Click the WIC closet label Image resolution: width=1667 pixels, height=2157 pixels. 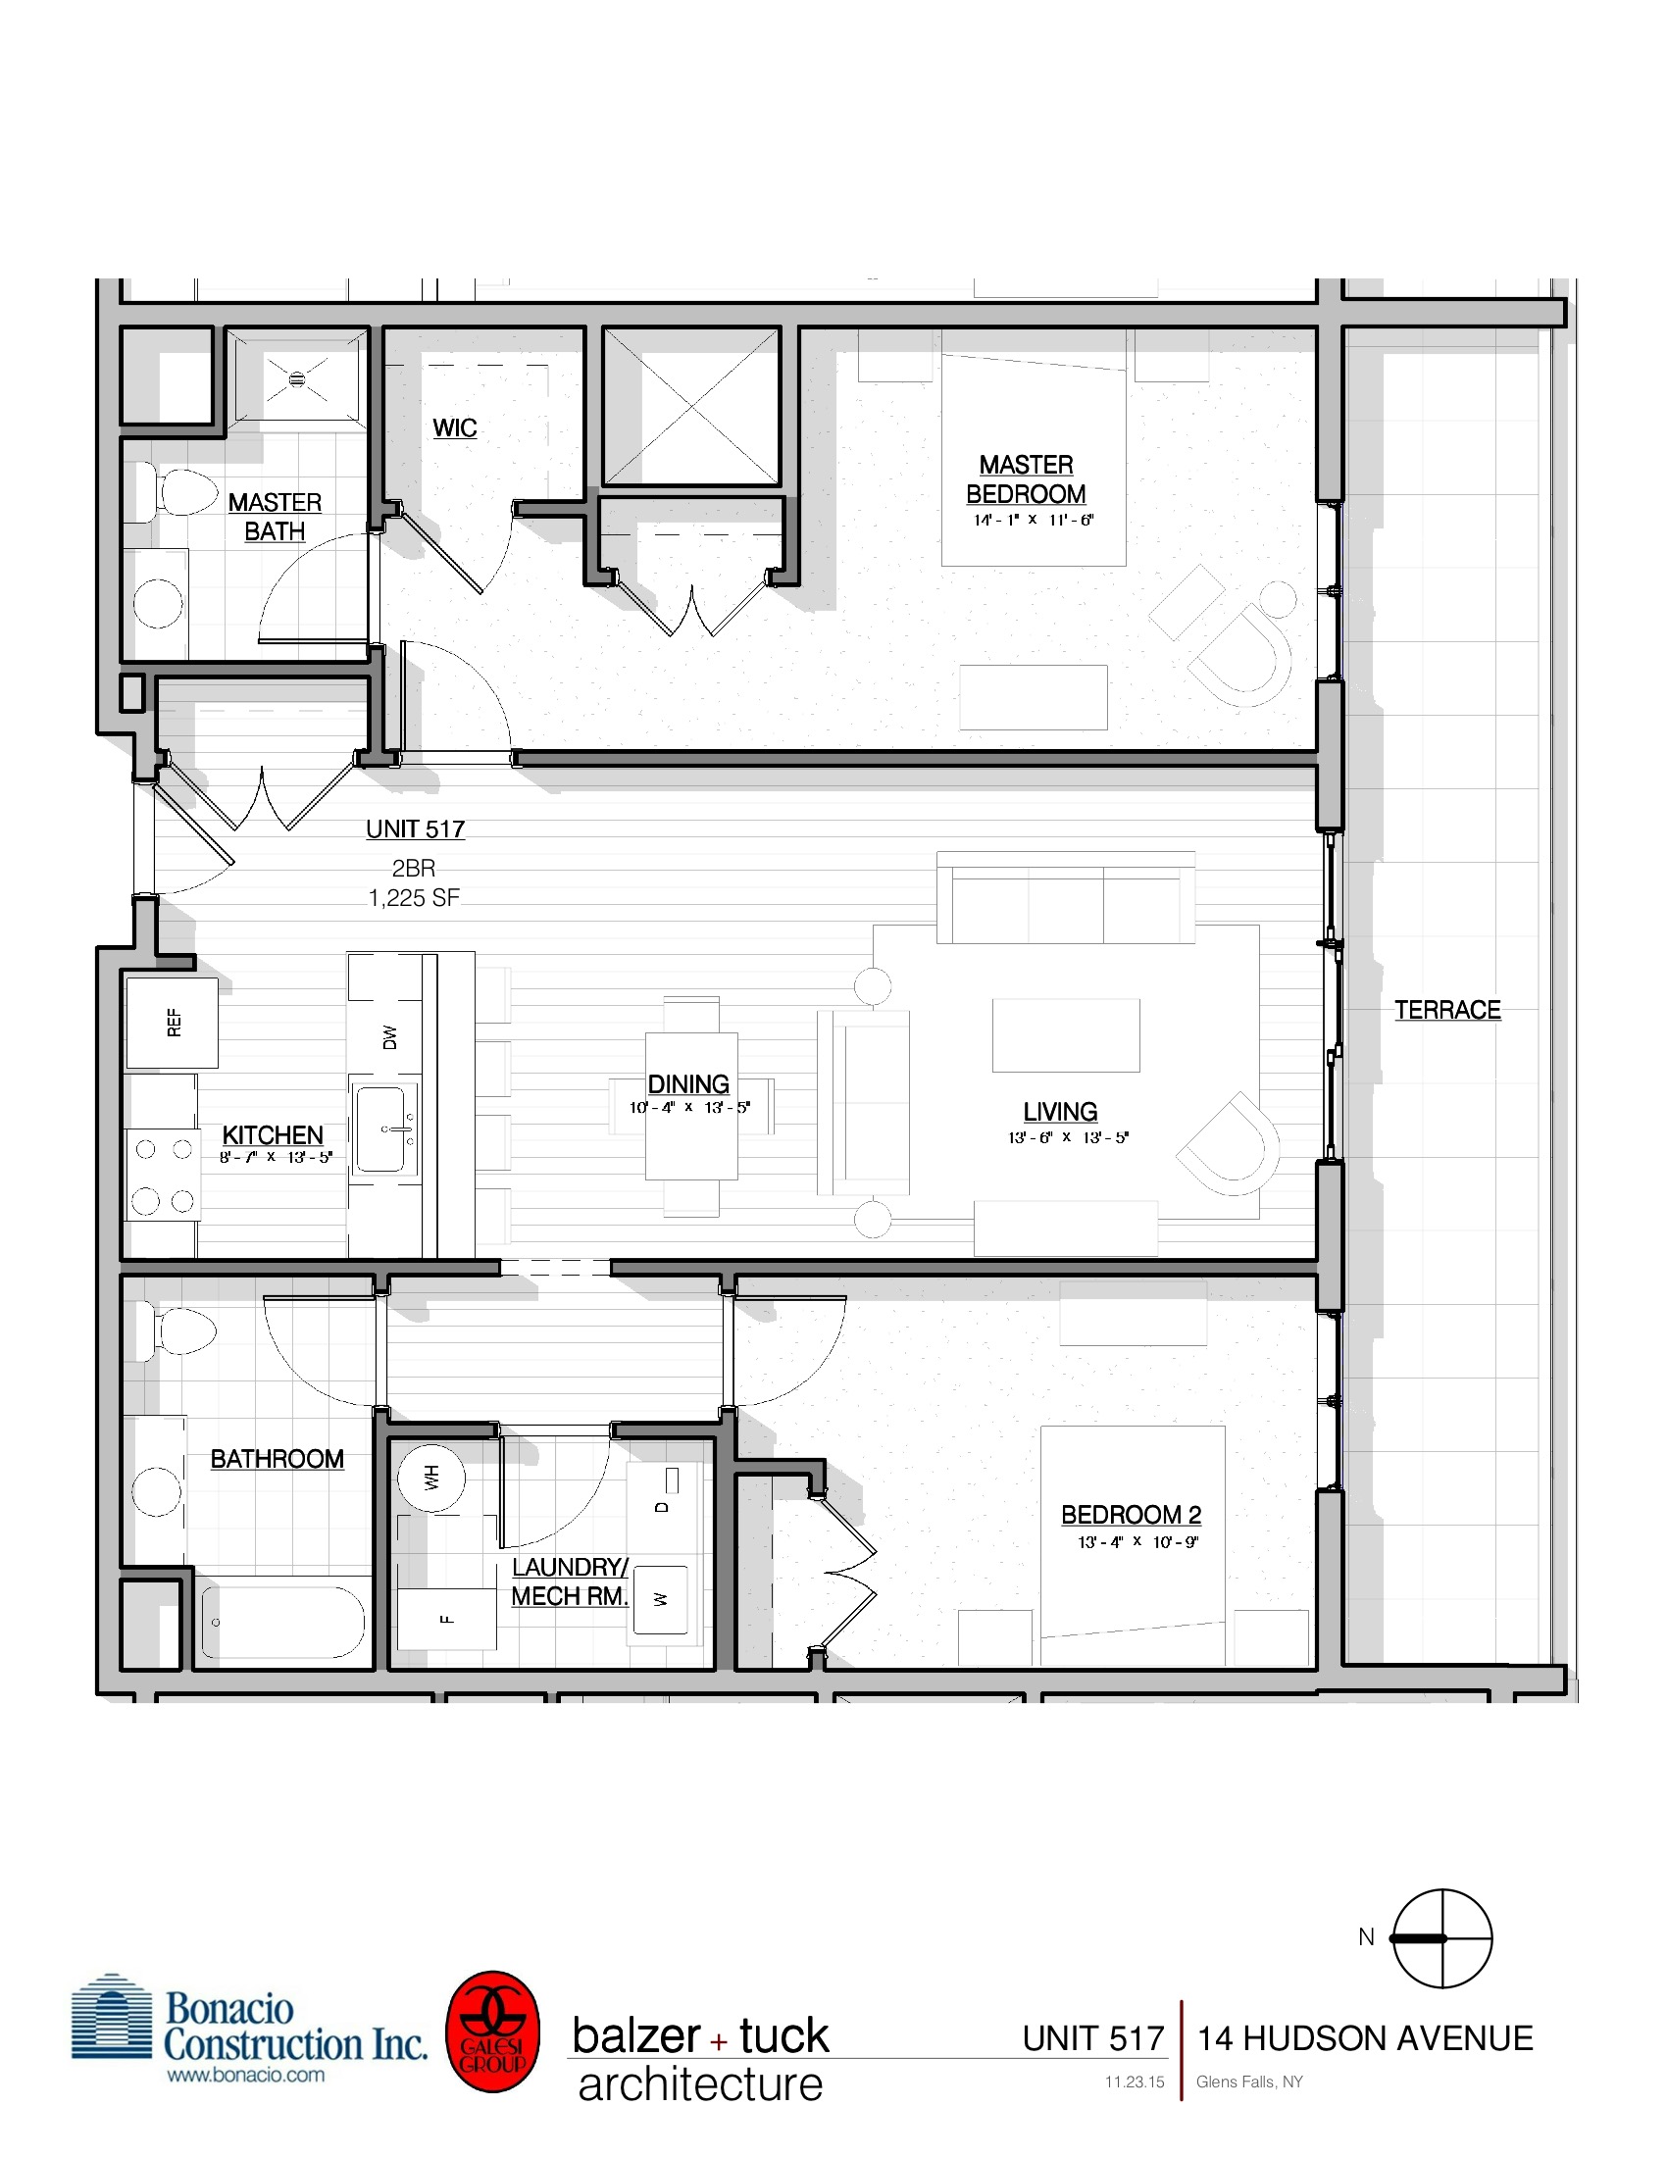pos(454,428)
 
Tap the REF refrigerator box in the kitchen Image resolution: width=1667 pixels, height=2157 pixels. pos(173,1023)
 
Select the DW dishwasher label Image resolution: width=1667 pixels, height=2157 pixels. pos(389,1037)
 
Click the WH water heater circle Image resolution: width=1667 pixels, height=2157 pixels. pos(431,1479)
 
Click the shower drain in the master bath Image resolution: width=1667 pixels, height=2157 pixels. pos(297,379)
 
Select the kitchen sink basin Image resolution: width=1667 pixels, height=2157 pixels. pos(380,1129)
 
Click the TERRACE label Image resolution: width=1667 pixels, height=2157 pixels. pos(1446,1009)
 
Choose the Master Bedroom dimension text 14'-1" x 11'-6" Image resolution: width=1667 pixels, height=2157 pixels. pos(1033,521)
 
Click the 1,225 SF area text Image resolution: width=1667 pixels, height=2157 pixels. pos(414,898)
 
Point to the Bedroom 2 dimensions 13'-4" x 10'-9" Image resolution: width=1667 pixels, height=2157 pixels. pos(1137,1541)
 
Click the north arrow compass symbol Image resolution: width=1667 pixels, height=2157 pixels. pos(1440,1937)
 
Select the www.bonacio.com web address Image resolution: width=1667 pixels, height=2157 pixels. pos(245,2075)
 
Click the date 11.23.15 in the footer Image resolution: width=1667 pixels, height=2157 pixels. pos(1134,2082)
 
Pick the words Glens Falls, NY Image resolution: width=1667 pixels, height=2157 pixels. pos(1249,2082)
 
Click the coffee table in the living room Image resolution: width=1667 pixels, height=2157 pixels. pos(1066,1035)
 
